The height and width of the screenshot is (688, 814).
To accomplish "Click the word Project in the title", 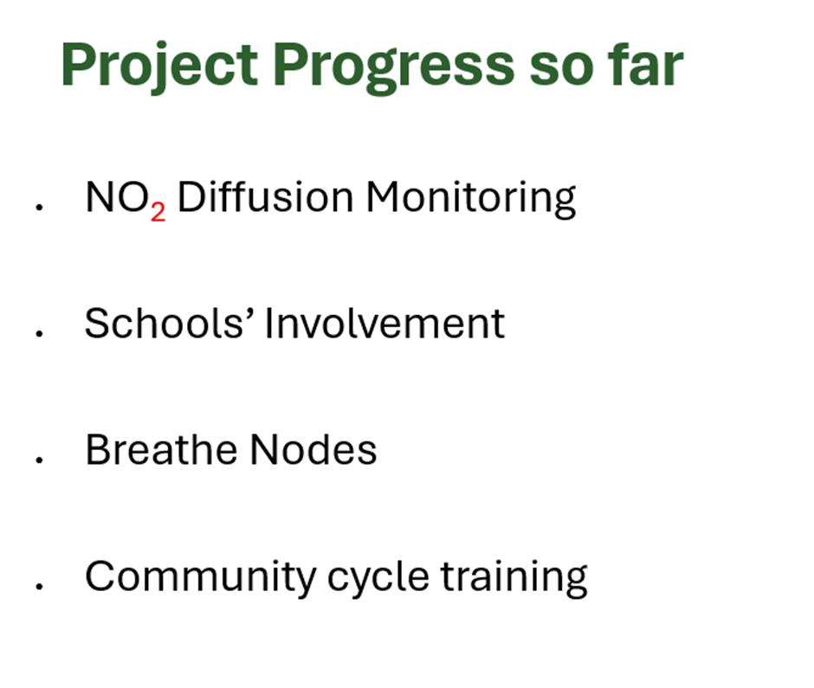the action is tap(159, 65).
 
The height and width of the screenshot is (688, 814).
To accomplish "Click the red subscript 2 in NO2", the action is tap(158, 212).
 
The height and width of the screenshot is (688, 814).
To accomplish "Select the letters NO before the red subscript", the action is tap(117, 197).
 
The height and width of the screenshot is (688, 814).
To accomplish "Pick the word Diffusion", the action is tap(265, 196).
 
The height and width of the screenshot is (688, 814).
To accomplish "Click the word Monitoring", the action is tap(471, 199).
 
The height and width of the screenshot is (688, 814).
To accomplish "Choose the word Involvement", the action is tap(384, 323).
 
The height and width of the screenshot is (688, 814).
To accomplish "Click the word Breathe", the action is tap(160, 449).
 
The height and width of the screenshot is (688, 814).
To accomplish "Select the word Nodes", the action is tap(313, 449).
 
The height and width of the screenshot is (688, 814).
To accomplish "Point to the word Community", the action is tap(200, 578).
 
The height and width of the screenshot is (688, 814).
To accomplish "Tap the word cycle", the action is tap(378, 578).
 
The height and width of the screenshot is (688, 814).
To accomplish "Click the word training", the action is tap(514, 578).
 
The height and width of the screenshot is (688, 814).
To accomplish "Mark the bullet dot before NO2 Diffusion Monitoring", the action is tap(39, 207).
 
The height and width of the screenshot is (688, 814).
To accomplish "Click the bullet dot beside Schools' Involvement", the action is tap(39, 334).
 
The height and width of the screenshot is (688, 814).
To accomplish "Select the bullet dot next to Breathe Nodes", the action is tap(39, 460).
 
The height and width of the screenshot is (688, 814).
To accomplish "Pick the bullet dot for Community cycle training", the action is tap(39, 586).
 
